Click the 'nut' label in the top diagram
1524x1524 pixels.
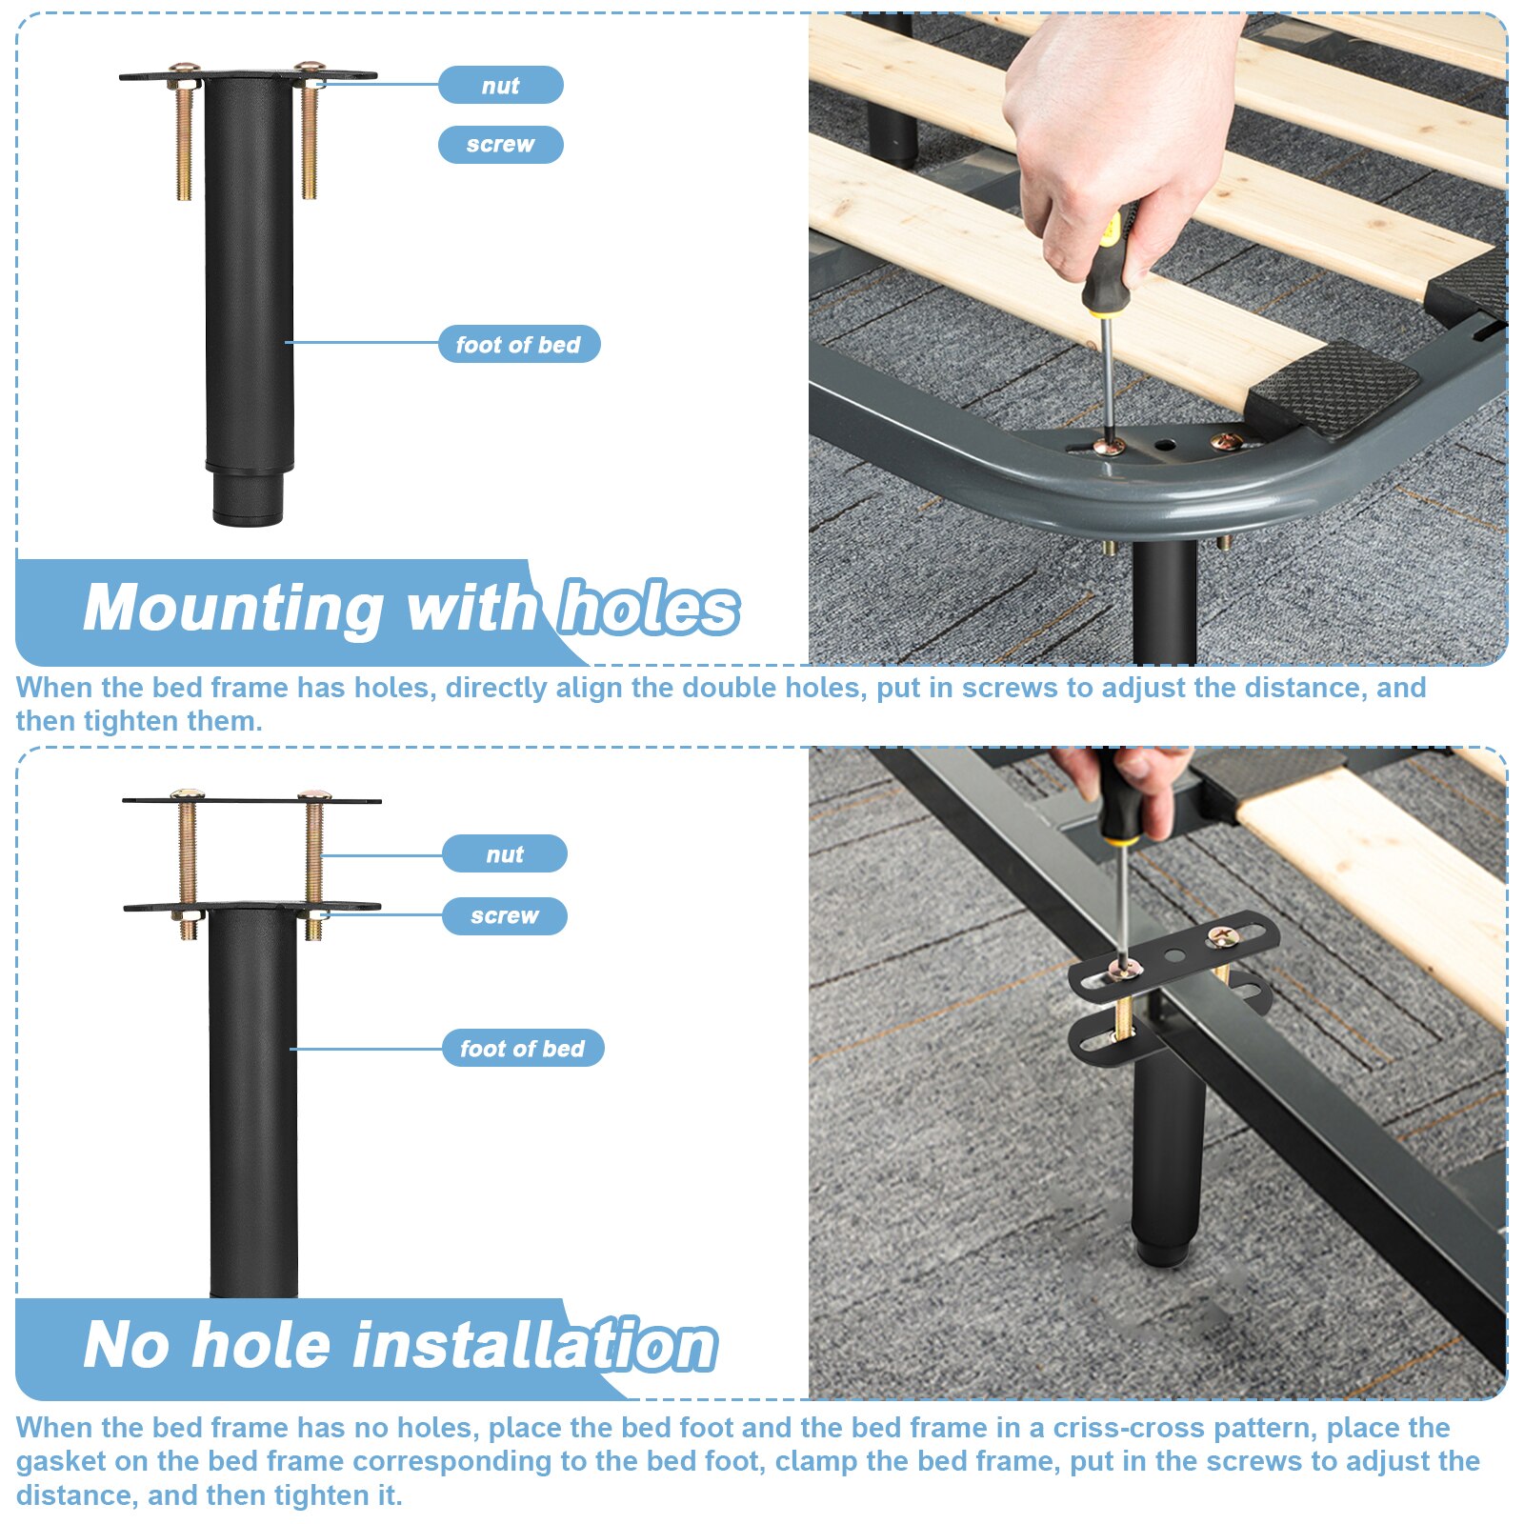500,85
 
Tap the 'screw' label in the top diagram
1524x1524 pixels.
500,145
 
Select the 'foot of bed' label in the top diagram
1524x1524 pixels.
518,344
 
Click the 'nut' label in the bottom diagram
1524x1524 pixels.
504,853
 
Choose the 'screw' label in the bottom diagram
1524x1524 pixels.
504,915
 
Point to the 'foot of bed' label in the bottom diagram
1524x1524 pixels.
522,1048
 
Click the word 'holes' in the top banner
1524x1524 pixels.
648,608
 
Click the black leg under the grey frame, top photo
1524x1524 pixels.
1164,600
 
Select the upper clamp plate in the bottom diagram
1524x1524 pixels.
251,800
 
